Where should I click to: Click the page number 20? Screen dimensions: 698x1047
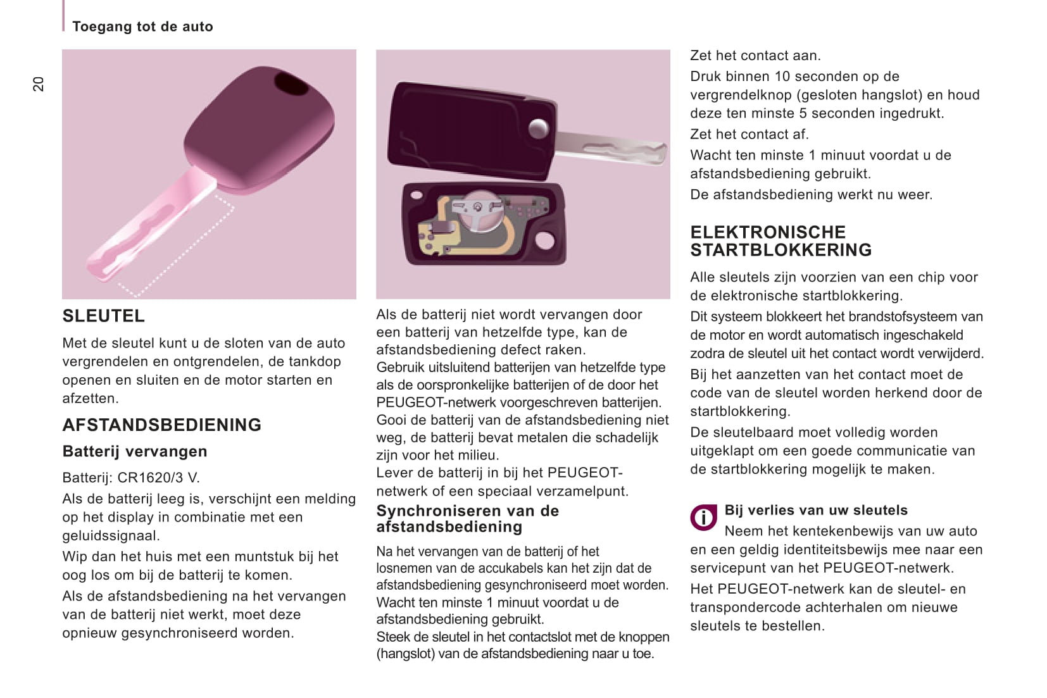(39, 84)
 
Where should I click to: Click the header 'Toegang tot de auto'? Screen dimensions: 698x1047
(142, 27)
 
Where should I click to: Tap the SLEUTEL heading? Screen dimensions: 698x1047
(103, 316)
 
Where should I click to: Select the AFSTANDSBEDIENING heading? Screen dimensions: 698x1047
(161, 425)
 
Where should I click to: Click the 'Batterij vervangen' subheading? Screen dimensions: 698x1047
(135, 451)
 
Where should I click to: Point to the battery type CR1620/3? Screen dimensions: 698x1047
(152, 478)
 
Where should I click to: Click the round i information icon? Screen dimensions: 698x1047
(703, 518)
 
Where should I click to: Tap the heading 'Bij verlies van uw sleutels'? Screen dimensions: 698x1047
(815, 510)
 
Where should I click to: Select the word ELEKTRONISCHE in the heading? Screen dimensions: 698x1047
(768, 232)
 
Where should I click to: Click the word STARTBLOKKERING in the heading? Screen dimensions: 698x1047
(781, 250)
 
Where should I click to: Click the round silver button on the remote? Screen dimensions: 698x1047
(538, 128)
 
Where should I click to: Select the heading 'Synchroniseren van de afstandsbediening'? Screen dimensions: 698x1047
(467, 518)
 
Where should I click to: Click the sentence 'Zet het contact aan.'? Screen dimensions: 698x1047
(755, 56)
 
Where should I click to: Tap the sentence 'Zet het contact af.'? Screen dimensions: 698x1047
(749, 134)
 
